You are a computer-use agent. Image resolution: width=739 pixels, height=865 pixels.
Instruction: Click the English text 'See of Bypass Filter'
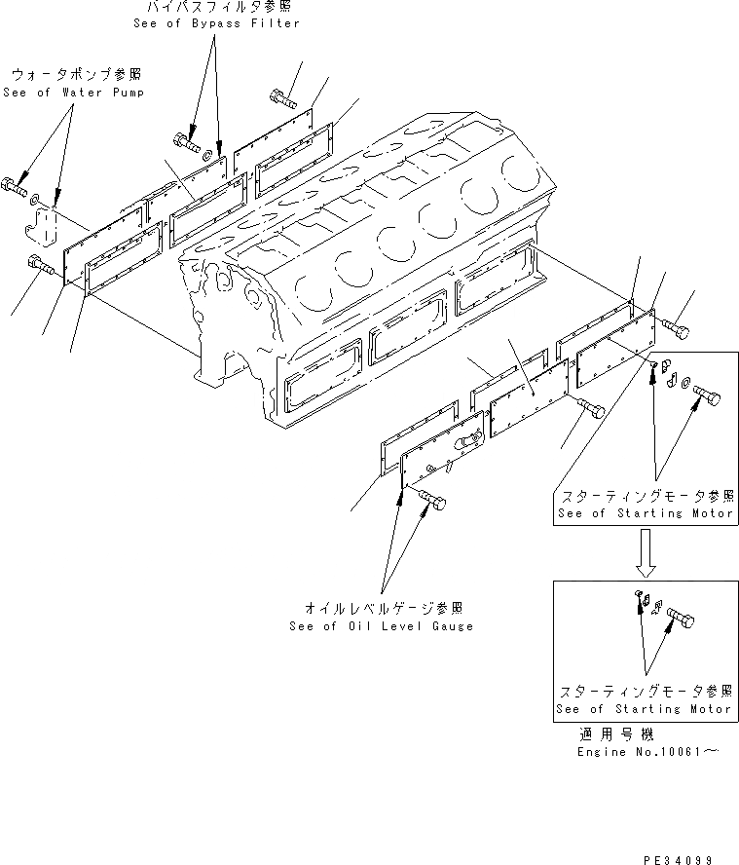216,23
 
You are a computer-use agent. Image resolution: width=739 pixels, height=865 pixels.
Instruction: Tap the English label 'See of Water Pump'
73,93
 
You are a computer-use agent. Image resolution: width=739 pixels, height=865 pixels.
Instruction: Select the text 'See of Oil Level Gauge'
381,626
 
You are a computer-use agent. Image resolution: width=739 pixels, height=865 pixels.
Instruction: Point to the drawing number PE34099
679,858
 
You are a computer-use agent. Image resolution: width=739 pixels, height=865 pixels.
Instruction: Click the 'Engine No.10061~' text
648,753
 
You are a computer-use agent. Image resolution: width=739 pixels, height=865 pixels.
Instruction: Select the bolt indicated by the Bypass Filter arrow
185,141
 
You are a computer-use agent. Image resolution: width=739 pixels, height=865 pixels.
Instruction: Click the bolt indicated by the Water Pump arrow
15,183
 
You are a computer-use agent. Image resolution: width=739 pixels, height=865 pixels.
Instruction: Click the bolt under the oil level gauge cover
432,501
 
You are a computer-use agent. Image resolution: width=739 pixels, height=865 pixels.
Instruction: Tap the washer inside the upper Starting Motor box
687,383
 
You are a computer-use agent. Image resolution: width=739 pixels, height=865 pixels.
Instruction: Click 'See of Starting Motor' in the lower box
644,709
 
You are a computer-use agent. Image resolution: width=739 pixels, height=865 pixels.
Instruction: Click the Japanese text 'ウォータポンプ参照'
75,75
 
